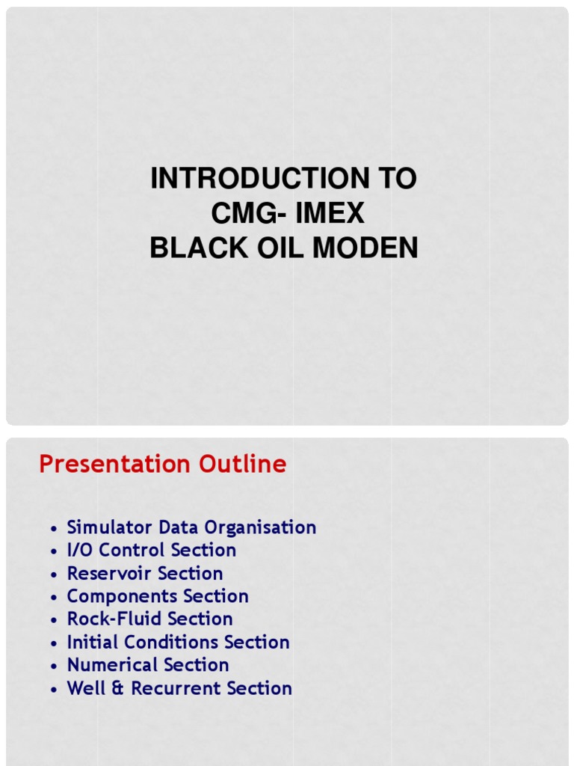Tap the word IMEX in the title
[x=330, y=214]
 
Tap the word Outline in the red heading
[x=243, y=465]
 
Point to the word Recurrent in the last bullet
[x=176, y=688]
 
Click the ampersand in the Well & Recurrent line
[x=118, y=689]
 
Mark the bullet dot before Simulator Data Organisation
[x=54, y=529]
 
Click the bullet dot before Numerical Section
[x=54, y=667]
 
